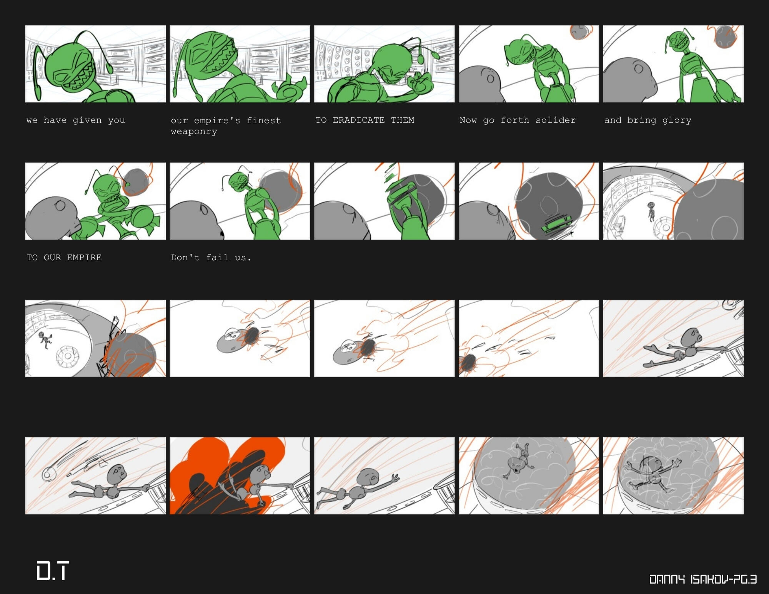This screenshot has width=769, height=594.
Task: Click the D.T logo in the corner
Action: tap(53, 571)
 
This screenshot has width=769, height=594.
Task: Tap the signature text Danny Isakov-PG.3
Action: tap(703, 579)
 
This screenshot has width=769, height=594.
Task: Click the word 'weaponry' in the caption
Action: tap(194, 132)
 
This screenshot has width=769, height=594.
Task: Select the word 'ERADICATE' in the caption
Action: tap(358, 120)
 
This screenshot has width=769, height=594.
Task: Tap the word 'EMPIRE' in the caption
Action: tap(84, 258)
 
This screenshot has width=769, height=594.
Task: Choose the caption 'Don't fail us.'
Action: tap(211, 258)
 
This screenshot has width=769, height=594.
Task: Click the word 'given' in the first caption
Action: tap(87, 120)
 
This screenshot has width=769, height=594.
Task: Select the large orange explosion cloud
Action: tap(227, 476)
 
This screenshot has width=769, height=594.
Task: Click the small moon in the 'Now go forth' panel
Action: tap(580, 32)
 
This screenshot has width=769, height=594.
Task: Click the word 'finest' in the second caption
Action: tap(264, 120)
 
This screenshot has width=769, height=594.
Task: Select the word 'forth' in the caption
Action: tap(515, 120)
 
